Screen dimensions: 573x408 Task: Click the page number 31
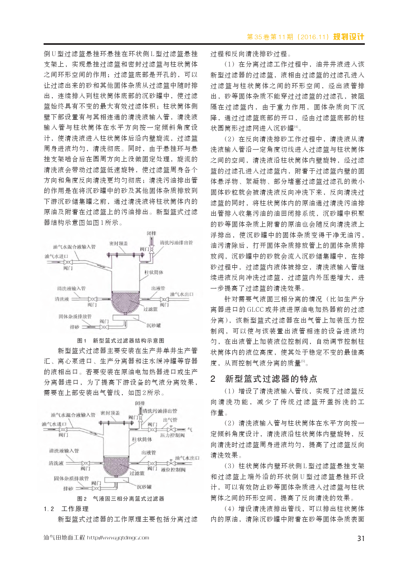tap(361, 538)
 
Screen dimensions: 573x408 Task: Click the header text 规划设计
tap(349, 37)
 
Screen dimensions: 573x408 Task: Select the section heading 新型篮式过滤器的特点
tap(271, 379)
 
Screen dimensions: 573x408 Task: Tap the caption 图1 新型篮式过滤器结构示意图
tap(121, 341)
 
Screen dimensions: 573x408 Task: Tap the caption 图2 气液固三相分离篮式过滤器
tap(121, 499)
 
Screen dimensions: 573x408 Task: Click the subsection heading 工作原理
tap(75, 509)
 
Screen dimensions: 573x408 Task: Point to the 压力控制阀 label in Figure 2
tap(172, 435)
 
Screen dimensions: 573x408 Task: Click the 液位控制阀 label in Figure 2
tap(173, 470)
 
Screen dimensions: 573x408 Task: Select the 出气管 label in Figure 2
tap(170, 420)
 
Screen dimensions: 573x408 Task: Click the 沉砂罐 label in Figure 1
tap(154, 325)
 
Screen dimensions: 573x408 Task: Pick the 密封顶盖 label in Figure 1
tap(118, 243)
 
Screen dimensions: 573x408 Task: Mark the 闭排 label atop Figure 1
tap(152, 233)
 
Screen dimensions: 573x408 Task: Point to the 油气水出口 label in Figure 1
tap(182, 294)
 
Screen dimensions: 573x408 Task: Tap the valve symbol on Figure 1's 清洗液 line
tap(92, 299)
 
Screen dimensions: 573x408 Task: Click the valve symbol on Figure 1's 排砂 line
tap(104, 327)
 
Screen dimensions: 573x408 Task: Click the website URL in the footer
tap(118, 538)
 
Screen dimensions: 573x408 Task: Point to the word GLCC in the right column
tap(255, 309)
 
